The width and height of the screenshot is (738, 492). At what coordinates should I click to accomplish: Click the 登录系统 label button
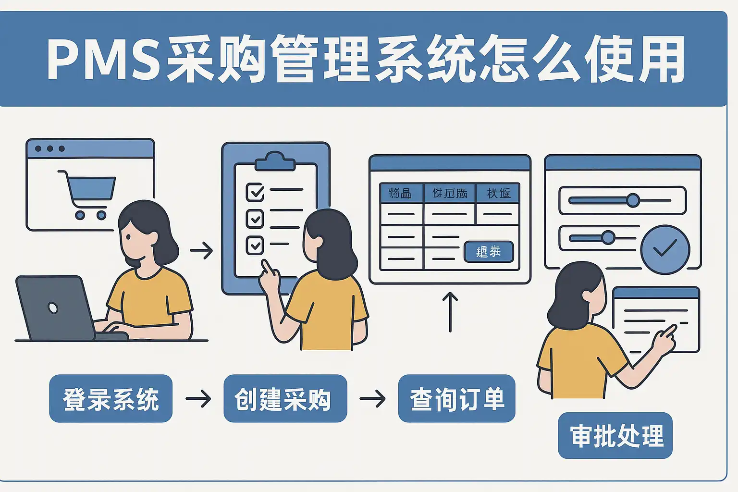[111, 399]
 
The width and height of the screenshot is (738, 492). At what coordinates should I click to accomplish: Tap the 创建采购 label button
[285, 399]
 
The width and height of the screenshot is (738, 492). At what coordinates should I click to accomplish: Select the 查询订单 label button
[456, 399]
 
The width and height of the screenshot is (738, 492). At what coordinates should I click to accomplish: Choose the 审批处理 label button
[615, 435]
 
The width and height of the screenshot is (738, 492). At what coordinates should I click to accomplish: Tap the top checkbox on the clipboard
[255, 192]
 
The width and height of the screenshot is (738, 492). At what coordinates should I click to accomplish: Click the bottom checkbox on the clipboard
[255, 245]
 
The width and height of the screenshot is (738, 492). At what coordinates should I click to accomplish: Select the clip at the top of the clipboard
[275, 161]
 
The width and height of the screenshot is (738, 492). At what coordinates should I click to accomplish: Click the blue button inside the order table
[489, 251]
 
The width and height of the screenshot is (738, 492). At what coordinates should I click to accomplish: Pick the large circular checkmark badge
[665, 249]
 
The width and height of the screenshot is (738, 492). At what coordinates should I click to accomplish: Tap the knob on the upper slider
[633, 200]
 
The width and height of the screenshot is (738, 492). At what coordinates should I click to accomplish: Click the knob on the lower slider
[608, 237]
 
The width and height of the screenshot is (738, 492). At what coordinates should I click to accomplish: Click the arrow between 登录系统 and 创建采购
[198, 398]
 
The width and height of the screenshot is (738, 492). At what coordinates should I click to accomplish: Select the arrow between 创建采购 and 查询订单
[372, 398]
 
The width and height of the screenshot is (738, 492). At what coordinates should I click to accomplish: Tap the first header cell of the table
[401, 193]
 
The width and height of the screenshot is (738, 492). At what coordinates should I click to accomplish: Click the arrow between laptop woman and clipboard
[201, 250]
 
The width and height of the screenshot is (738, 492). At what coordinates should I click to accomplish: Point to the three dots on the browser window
[50, 148]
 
